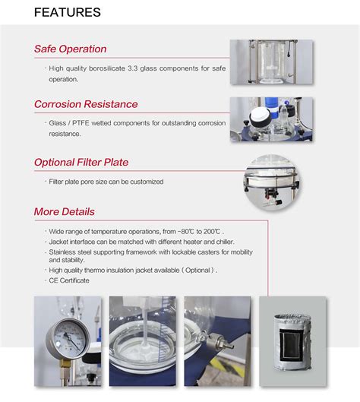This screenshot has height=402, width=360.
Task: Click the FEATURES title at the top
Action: (67, 12)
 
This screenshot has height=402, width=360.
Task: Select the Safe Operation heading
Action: (70, 49)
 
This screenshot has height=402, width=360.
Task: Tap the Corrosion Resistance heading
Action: (86, 104)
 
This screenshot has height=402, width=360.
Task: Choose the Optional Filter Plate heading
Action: (81, 162)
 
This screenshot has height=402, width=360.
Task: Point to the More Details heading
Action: (65, 211)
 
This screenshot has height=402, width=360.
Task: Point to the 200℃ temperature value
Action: (212, 232)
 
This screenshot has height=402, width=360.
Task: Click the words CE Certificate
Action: (69, 280)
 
